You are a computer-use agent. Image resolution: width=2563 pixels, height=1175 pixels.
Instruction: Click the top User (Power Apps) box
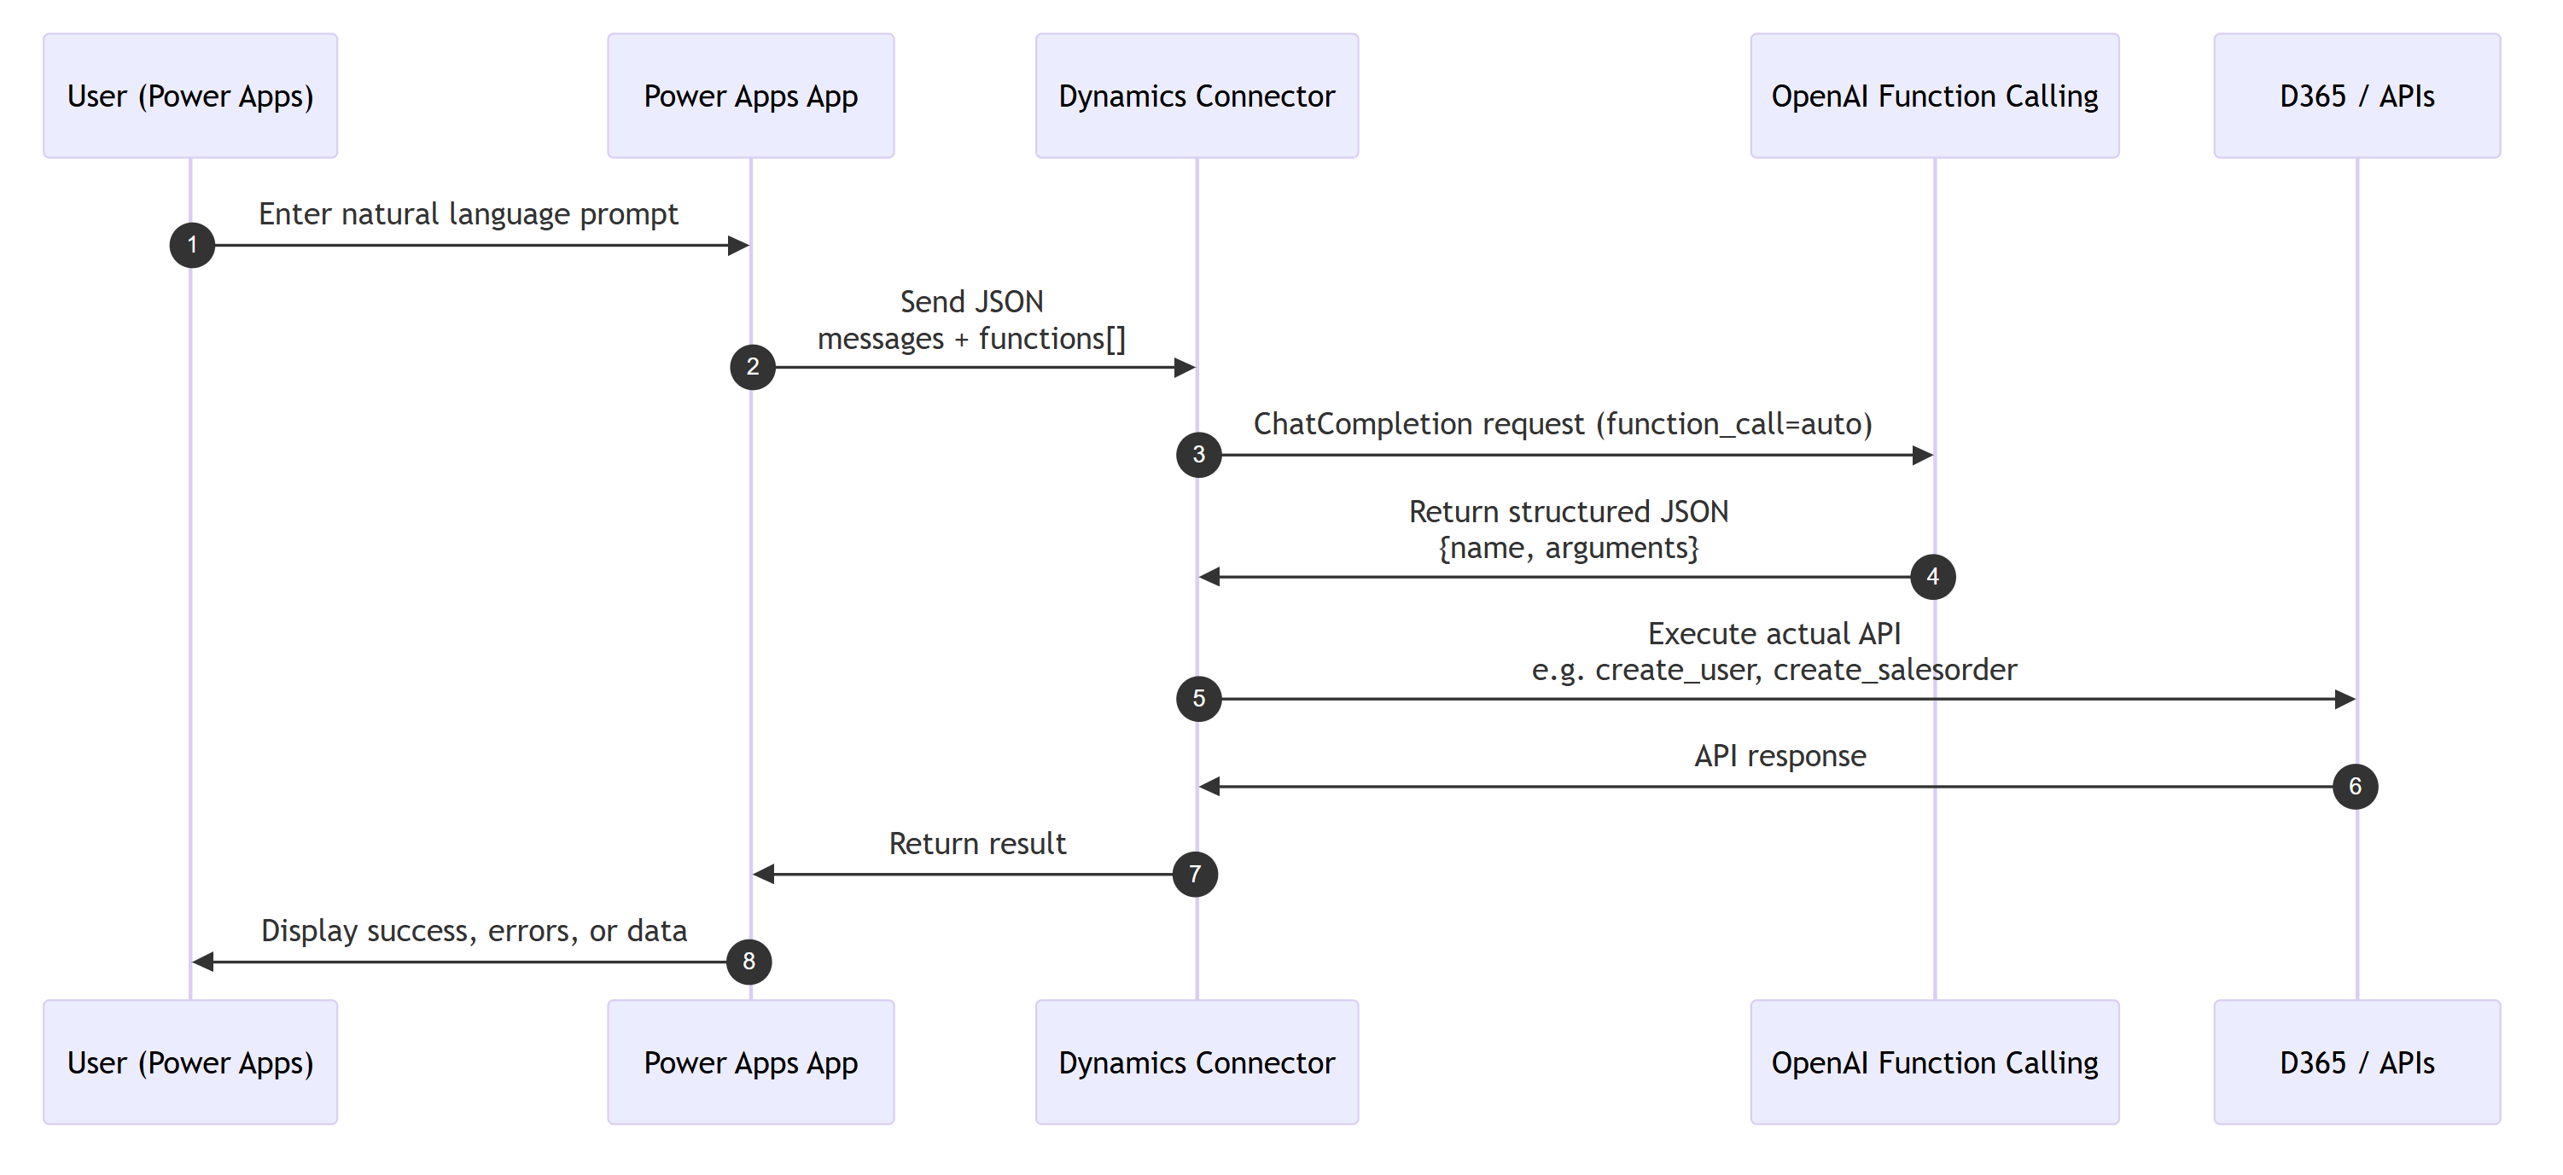(190, 96)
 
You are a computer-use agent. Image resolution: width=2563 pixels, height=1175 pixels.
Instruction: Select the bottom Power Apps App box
(750, 1062)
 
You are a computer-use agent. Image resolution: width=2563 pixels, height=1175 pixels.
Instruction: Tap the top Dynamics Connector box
(1196, 96)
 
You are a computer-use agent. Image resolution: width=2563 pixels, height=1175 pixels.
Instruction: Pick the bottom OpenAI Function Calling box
(1933, 1062)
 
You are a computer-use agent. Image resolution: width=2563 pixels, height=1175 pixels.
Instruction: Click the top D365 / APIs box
(2356, 96)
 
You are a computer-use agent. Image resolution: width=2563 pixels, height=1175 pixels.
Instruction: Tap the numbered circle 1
(192, 245)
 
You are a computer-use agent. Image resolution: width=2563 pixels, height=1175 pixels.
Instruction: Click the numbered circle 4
(1932, 576)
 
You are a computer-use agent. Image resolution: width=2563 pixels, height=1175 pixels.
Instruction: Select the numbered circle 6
(2354, 786)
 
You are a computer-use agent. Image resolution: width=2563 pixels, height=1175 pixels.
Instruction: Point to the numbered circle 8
(749, 961)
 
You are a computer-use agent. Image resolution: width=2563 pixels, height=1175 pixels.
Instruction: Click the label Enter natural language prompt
(468, 214)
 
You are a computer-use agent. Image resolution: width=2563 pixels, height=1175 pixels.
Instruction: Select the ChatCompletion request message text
(1562, 424)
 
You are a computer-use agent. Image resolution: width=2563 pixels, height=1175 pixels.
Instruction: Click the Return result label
(976, 843)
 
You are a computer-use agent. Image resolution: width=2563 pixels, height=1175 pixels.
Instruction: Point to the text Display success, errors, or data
(474, 930)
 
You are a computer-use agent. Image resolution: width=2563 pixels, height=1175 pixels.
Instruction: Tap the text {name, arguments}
(1568, 547)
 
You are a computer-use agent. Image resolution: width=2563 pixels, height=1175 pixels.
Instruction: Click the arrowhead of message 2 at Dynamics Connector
(1184, 367)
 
